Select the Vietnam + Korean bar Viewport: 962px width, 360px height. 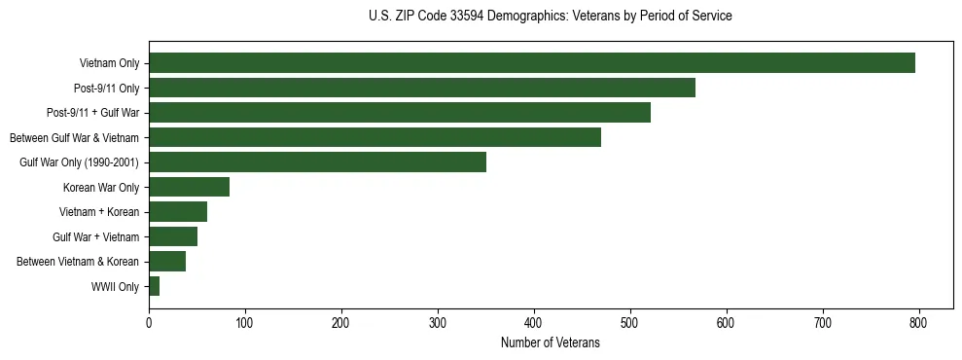tap(178, 212)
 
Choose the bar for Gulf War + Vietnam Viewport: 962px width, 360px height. tap(173, 236)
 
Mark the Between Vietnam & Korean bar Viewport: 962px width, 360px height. tap(167, 262)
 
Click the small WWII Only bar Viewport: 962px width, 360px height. tap(154, 286)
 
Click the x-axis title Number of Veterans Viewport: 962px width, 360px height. tap(550, 343)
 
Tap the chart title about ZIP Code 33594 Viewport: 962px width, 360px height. tap(551, 17)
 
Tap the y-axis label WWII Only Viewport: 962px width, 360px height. tap(115, 287)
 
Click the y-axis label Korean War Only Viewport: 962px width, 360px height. tap(101, 188)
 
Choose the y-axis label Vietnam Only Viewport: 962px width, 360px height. tap(109, 64)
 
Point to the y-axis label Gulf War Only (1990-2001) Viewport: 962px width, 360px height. tap(79, 162)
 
